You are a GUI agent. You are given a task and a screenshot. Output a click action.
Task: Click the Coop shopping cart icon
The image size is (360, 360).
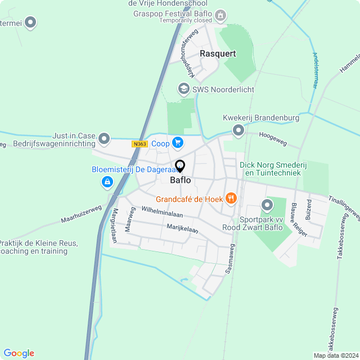point(178,143)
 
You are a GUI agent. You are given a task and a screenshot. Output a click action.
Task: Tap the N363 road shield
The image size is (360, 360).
point(140,144)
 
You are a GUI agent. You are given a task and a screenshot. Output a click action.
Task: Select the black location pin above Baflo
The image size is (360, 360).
point(180,166)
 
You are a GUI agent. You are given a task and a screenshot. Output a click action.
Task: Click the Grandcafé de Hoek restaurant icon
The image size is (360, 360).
point(231,198)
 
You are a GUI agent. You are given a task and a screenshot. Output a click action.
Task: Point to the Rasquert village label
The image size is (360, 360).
point(218,54)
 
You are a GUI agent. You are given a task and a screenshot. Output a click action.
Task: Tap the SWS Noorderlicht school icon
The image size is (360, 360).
point(183,89)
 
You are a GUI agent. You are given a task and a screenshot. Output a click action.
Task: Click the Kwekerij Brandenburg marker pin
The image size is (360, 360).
point(238,131)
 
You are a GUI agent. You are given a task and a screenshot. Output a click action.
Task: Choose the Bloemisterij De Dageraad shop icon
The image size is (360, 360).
point(107,182)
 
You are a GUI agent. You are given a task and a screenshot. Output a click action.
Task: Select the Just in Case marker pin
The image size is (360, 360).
point(104,138)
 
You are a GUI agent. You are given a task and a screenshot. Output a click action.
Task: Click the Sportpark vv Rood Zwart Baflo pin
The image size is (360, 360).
point(267,206)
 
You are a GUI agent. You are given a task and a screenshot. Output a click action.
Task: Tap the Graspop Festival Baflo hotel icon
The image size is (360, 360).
point(221,14)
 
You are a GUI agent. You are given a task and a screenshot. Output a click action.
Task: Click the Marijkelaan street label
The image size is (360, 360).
point(182,228)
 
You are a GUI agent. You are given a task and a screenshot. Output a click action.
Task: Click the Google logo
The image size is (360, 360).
point(19,353)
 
